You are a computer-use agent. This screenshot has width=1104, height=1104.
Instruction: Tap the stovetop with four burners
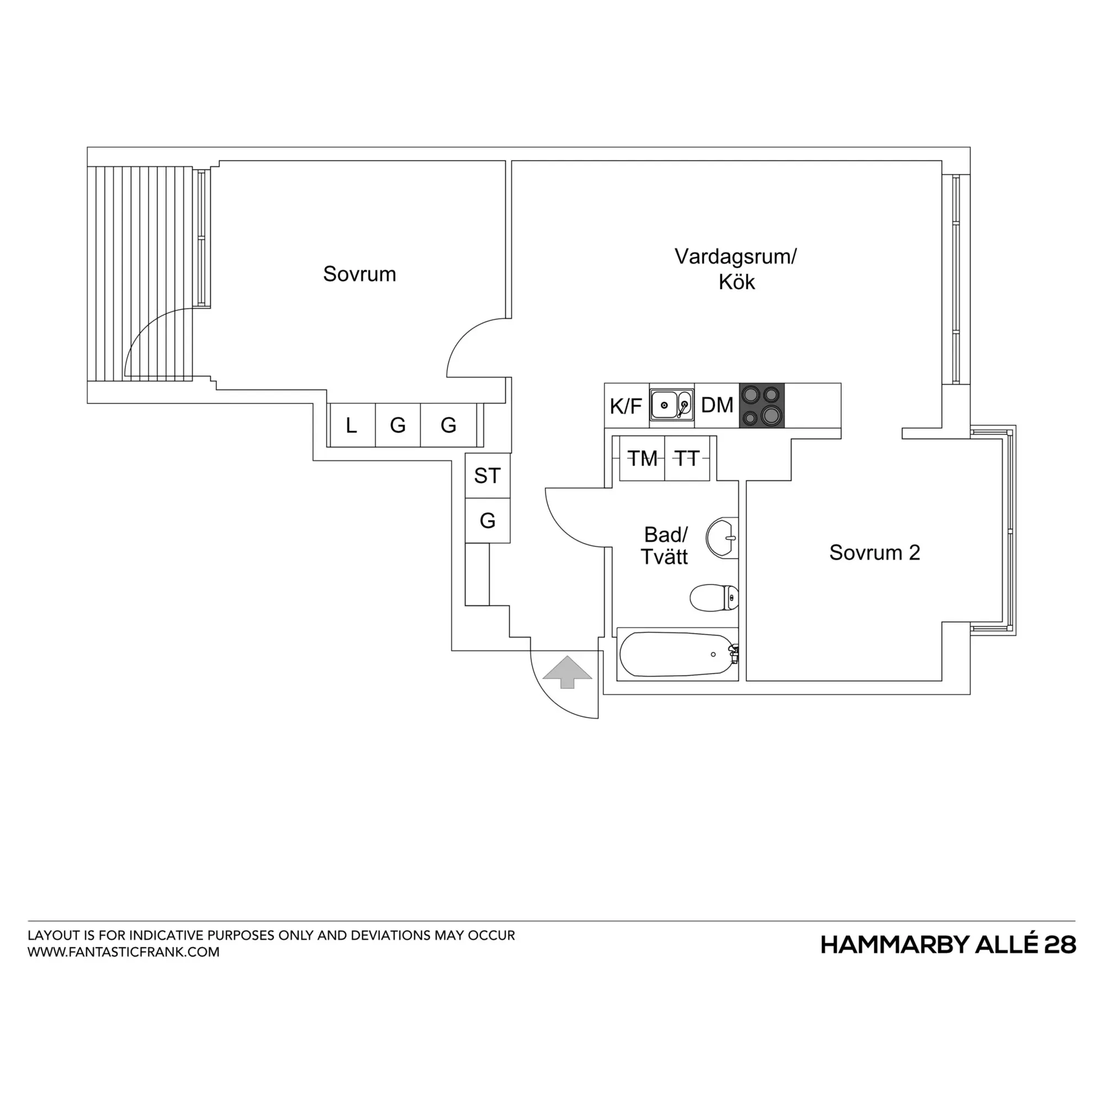pyautogui.click(x=762, y=405)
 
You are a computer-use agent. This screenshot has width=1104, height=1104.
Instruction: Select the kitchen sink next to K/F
pyautogui.click(x=672, y=405)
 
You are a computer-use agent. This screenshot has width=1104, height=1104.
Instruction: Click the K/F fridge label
pyautogui.click(x=626, y=406)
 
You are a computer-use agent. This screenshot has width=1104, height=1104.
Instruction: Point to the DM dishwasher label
pyautogui.click(x=717, y=405)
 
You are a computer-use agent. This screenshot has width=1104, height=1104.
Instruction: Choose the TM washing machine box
pyautogui.click(x=643, y=458)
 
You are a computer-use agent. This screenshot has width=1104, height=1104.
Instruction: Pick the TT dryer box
pyautogui.click(x=687, y=458)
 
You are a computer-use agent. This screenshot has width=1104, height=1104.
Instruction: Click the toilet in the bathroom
pyautogui.click(x=714, y=598)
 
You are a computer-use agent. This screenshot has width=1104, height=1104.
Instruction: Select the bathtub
pyautogui.click(x=678, y=654)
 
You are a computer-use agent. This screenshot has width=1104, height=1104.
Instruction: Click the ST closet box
pyautogui.click(x=487, y=475)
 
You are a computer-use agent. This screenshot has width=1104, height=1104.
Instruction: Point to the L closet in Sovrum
pyautogui.click(x=353, y=425)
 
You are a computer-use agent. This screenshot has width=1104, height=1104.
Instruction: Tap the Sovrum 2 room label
pyautogui.click(x=874, y=553)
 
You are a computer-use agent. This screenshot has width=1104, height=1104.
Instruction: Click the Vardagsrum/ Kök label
pyautogui.click(x=736, y=269)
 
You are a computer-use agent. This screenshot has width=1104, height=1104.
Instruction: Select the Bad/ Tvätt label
pyautogui.click(x=665, y=546)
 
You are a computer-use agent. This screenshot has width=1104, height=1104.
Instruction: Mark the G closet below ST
pyautogui.click(x=487, y=521)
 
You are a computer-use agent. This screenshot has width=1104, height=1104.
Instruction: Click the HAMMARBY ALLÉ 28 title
pyautogui.click(x=948, y=945)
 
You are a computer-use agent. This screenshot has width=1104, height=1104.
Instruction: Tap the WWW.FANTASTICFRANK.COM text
pyautogui.click(x=124, y=952)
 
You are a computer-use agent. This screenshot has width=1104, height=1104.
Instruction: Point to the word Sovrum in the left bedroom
pyautogui.click(x=359, y=274)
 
